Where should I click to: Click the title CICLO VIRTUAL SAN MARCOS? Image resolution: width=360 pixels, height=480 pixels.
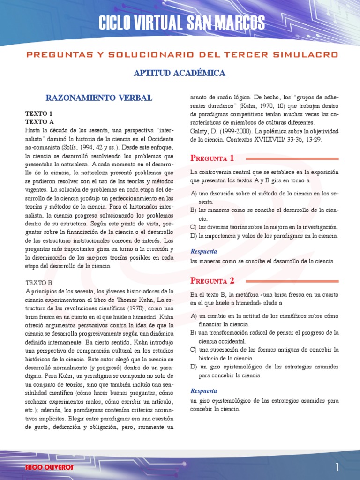[x=181, y=22]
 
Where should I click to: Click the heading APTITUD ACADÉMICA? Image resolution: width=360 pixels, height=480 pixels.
[x=180, y=73]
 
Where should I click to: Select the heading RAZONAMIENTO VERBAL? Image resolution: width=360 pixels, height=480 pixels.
[x=98, y=98]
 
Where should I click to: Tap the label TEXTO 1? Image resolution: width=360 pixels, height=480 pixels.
[x=39, y=113]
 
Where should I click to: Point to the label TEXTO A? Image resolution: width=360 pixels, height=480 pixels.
[x=39, y=121]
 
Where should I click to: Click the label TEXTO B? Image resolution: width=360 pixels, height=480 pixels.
[x=39, y=283]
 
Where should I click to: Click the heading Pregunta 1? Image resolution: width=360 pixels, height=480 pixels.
[x=212, y=158]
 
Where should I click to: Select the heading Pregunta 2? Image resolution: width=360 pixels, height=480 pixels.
[x=212, y=281]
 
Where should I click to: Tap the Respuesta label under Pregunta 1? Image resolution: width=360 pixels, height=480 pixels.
[x=203, y=251]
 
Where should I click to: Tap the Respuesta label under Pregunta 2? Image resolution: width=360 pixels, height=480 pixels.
[x=203, y=391]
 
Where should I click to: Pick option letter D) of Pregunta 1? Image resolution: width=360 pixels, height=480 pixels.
[x=194, y=236]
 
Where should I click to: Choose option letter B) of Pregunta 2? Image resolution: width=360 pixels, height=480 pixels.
[x=194, y=332]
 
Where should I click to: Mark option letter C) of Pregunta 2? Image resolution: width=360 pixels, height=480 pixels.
[x=194, y=349]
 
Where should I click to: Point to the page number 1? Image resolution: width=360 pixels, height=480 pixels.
[x=337, y=467]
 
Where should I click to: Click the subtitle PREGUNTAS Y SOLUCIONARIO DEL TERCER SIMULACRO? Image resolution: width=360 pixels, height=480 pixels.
[x=182, y=55]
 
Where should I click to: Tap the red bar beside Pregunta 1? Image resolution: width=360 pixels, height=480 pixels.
[x=292, y=158]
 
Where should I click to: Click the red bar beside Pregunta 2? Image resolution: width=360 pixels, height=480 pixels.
[x=292, y=281]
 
